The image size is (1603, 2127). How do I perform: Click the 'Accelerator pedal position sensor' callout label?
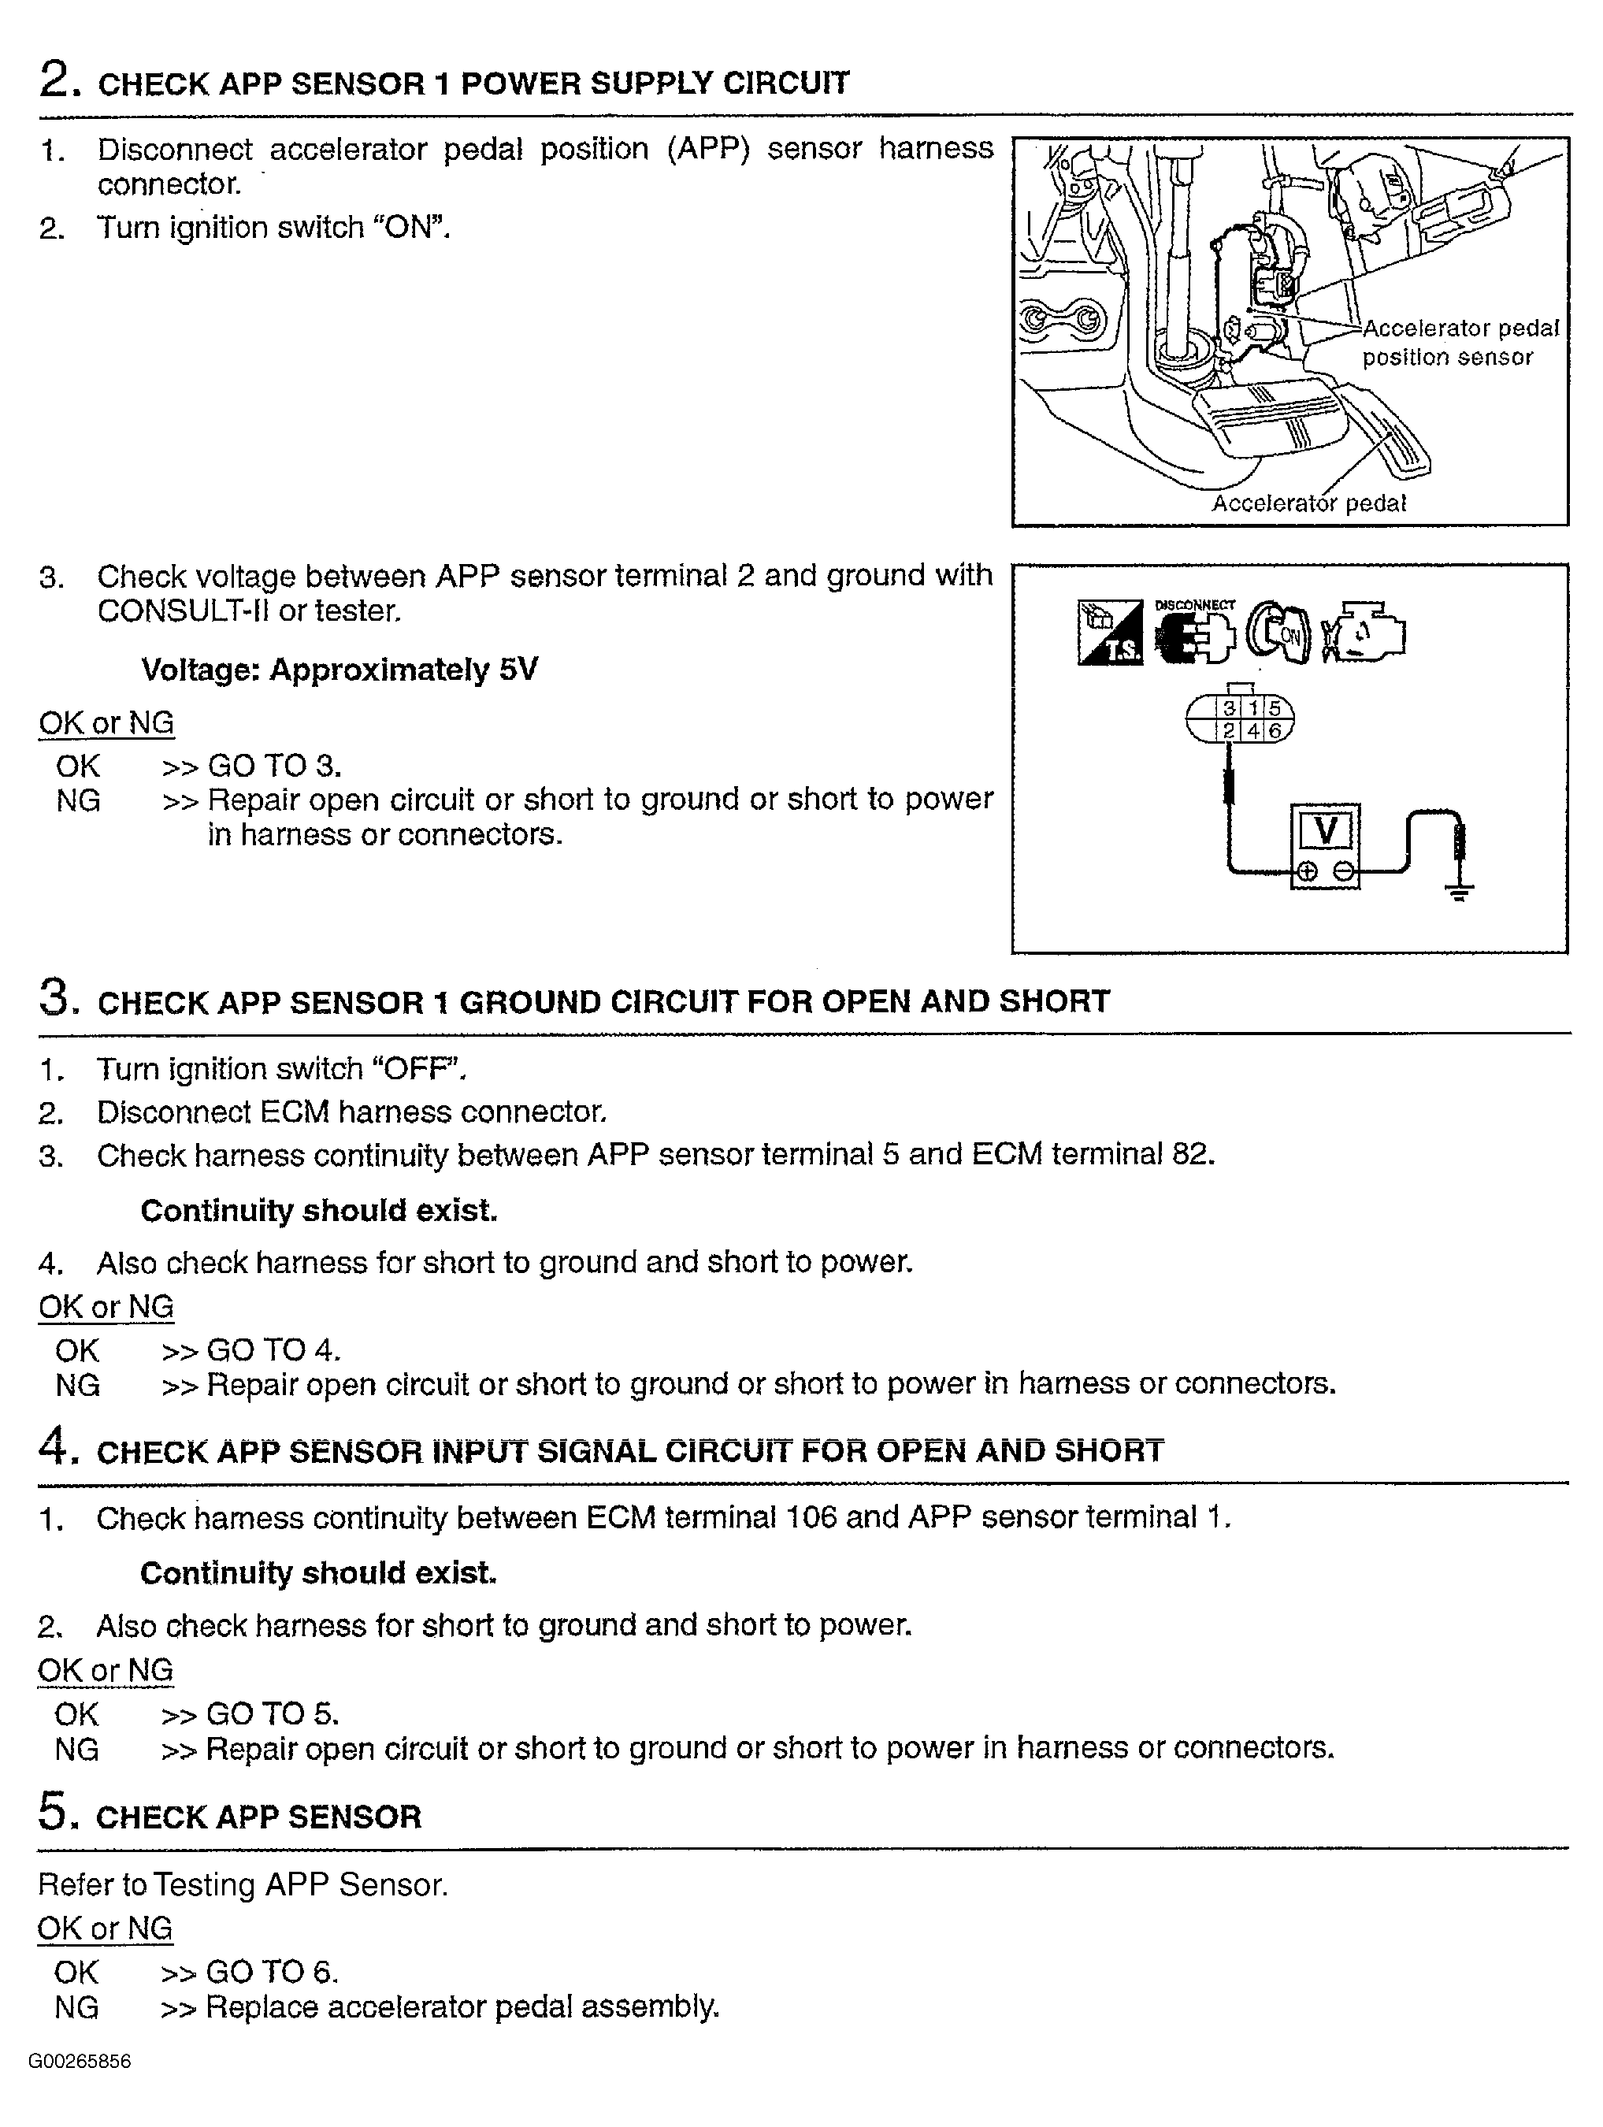pyautogui.click(x=1459, y=343)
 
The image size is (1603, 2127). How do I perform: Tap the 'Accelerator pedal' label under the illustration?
pyautogui.click(x=1308, y=503)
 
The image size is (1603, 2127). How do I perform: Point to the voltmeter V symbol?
pyautogui.click(x=1325, y=830)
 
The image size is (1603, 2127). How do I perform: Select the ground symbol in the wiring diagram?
pyautogui.click(x=1460, y=893)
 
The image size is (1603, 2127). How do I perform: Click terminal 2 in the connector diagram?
pyautogui.click(x=1228, y=732)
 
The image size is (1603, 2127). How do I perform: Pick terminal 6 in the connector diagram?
pyautogui.click(x=1275, y=732)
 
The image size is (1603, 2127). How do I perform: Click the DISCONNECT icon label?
pyautogui.click(x=1194, y=605)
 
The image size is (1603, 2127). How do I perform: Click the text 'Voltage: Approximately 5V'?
pyautogui.click(x=340, y=670)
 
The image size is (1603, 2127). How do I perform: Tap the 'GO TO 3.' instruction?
pyautogui.click(x=275, y=766)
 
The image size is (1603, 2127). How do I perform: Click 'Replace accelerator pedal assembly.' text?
pyautogui.click(x=462, y=2006)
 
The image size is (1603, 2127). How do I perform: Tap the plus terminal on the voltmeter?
pyautogui.click(x=1307, y=872)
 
